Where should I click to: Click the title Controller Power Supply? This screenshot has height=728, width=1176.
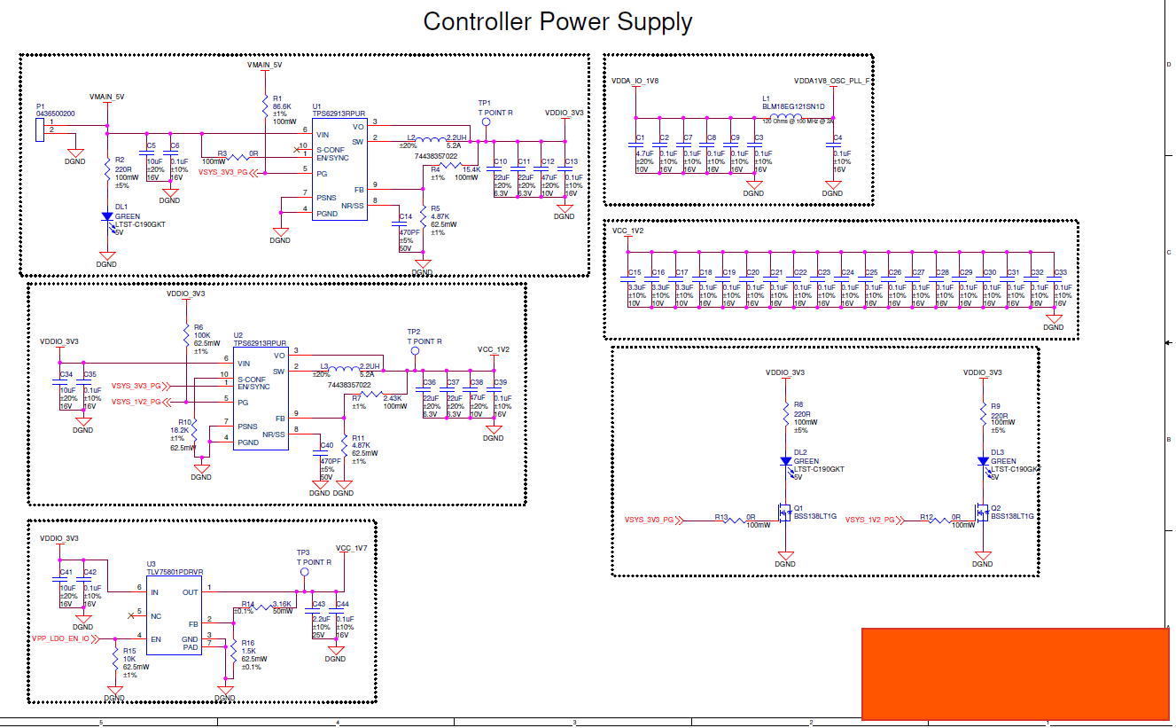pos(557,21)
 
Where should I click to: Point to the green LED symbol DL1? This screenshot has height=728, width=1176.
pos(107,216)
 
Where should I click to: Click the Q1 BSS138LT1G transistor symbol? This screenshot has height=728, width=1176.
pos(783,513)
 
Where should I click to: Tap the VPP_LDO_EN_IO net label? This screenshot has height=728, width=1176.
pos(61,638)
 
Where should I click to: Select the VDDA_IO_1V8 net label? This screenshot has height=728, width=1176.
pos(635,81)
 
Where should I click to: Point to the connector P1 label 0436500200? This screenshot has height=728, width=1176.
pos(55,114)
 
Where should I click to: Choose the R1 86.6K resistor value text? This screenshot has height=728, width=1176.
pos(283,106)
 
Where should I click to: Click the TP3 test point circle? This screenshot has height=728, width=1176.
pos(305,573)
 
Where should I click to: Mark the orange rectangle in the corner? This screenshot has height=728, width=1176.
pos(1016,673)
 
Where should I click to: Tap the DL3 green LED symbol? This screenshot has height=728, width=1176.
pos(983,461)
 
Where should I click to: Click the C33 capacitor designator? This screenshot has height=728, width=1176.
pos(1060,272)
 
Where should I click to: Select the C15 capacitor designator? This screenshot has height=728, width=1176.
pos(634,272)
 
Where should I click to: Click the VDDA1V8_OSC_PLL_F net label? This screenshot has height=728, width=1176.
pos(832,81)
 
